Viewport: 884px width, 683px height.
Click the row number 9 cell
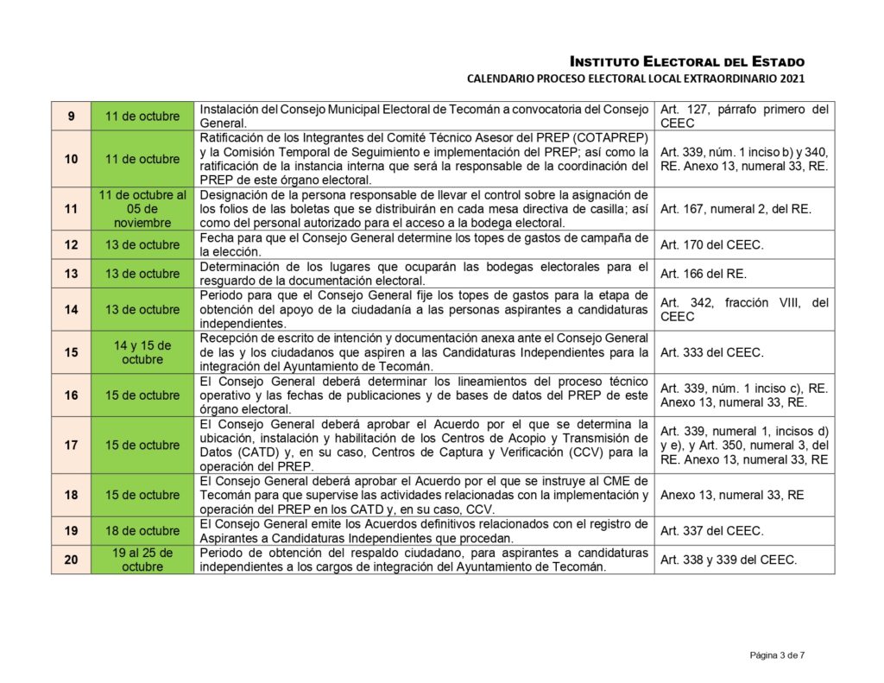[x=71, y=116]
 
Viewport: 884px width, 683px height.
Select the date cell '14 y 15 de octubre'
[x=142, y=352]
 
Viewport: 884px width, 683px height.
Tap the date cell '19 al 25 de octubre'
[x=142, y=560]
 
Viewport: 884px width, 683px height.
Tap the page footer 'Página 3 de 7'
[x=777, y=655]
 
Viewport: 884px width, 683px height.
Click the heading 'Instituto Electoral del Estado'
[x=687, y=61]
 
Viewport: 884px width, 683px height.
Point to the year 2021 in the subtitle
[x=792, y=79]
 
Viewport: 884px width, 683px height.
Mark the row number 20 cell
[x=71, y=560]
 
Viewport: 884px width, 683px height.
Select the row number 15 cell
[x=71, y=352]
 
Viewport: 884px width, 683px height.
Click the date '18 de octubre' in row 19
[x=142, y=531]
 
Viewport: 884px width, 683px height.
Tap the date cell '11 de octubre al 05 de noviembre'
[x=142, y=208]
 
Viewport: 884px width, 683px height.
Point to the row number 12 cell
[x=71, y=244]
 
